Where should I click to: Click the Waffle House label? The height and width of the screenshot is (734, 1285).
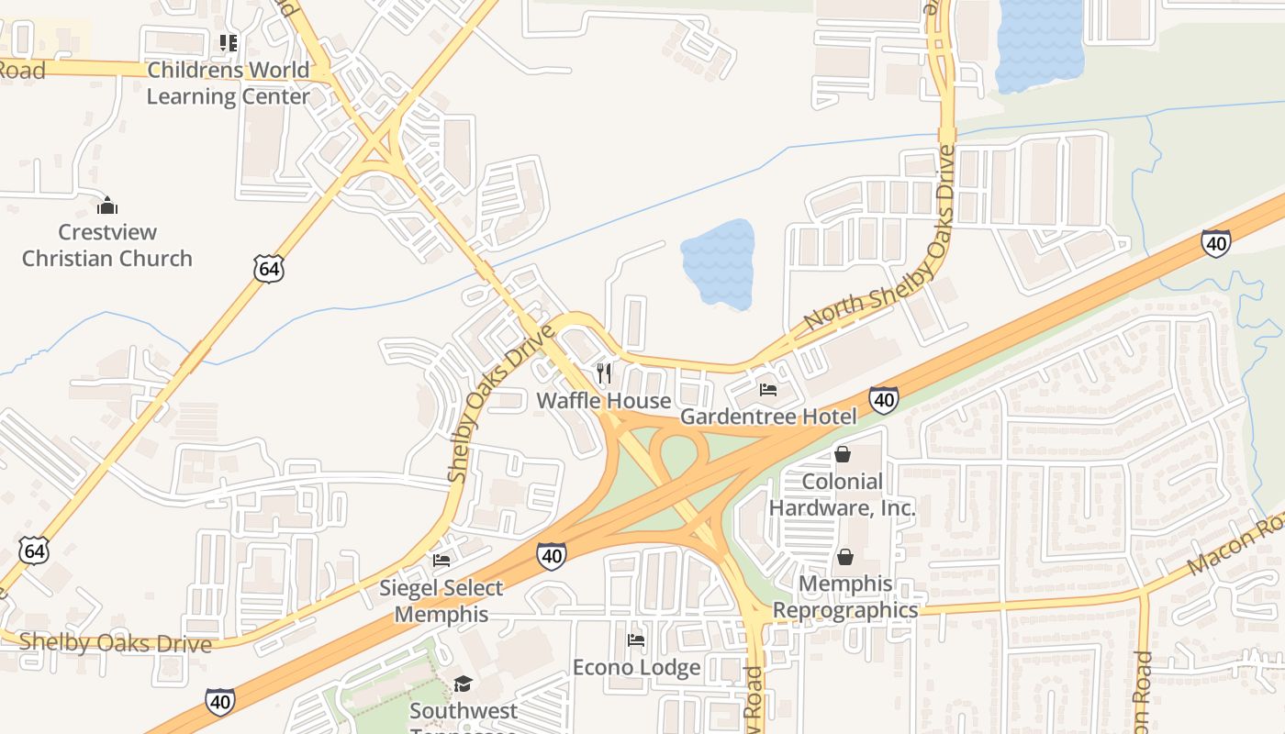pos(603,401)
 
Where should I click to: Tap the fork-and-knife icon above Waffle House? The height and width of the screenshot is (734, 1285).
pos(604,373)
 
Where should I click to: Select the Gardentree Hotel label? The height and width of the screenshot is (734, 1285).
pos(767,417)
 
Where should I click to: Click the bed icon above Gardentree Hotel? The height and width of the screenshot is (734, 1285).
pos(768,390)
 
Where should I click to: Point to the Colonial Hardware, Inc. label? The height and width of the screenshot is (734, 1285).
pos(842,495)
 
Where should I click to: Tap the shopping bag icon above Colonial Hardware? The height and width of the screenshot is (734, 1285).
pos(843,454)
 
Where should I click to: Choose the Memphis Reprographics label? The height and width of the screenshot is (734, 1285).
pos(845,596)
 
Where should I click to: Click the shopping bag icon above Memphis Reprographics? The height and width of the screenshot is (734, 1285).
pos(844,557)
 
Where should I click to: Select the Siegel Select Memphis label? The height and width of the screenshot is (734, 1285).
pos(441,601)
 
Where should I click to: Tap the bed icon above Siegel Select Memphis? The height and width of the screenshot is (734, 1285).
pos(441,561)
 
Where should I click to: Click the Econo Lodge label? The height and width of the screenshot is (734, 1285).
pos(636,667)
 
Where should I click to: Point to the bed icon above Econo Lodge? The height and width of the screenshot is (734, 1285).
pos(635,639)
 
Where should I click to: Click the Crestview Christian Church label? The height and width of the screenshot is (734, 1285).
pos(107,245)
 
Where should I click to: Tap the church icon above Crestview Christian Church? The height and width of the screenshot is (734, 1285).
pos(107,205)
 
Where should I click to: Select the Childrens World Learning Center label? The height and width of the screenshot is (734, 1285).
pos(228,83)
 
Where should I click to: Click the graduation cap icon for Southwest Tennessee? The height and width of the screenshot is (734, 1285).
pos(463,684)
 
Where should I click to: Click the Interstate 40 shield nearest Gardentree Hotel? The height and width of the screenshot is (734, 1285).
pos(883,399)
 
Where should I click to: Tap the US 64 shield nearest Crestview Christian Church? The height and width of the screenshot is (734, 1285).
pos(268,268)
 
